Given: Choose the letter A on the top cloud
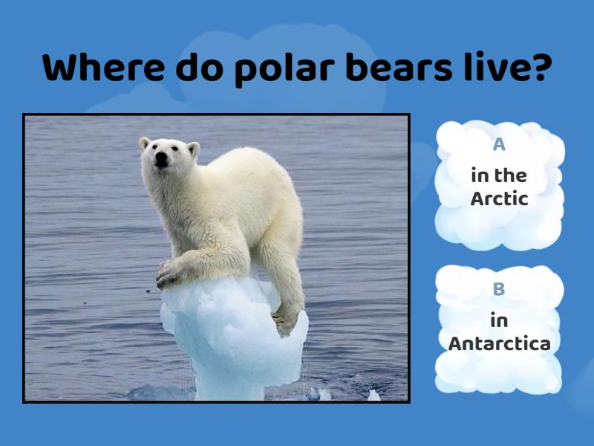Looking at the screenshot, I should point(499,145).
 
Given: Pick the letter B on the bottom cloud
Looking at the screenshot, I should point(499,289).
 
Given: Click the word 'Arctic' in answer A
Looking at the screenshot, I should point(499,198).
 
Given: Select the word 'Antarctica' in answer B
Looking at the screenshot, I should point(499,344).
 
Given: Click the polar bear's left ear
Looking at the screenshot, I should point(193,149).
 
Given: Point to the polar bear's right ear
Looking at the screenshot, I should point(144,143).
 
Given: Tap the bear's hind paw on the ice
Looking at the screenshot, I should point(285,322).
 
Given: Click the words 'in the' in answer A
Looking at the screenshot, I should point(499,176).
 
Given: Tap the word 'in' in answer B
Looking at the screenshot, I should point(499,320).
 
